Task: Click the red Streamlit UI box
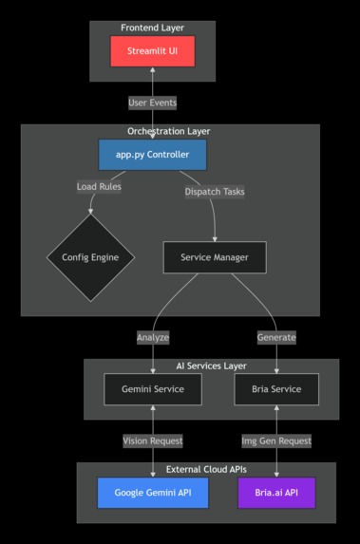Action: click(x=152, y=51)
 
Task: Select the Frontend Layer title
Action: click(x=152, y=28)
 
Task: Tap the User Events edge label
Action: click(x=152, y=102)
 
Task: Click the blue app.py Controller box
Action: click(x=152, y=155)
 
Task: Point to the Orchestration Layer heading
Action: click(x=169, y=131)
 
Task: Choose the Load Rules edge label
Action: click(x=99, y=186)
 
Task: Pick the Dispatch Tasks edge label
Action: click(x=214, y=191)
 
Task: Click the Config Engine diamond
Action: click(x=91, y=257)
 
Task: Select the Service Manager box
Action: click(x=214, y=257)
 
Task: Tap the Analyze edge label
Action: click(x=152, y=337)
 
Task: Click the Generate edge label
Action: click(x=276, y=337)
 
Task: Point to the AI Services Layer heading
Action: click(x=211, y=366)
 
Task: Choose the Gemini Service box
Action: click(x=152, y=389)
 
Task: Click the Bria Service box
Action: click(x=276, y=389)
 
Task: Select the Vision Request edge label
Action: click(x=152, y=441)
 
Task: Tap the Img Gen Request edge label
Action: click(x=276, y=441)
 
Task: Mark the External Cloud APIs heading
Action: click(x=206, y=469)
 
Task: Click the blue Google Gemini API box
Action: click(x=152, y=493)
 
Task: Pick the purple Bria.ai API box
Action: click(x=276, y=493)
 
